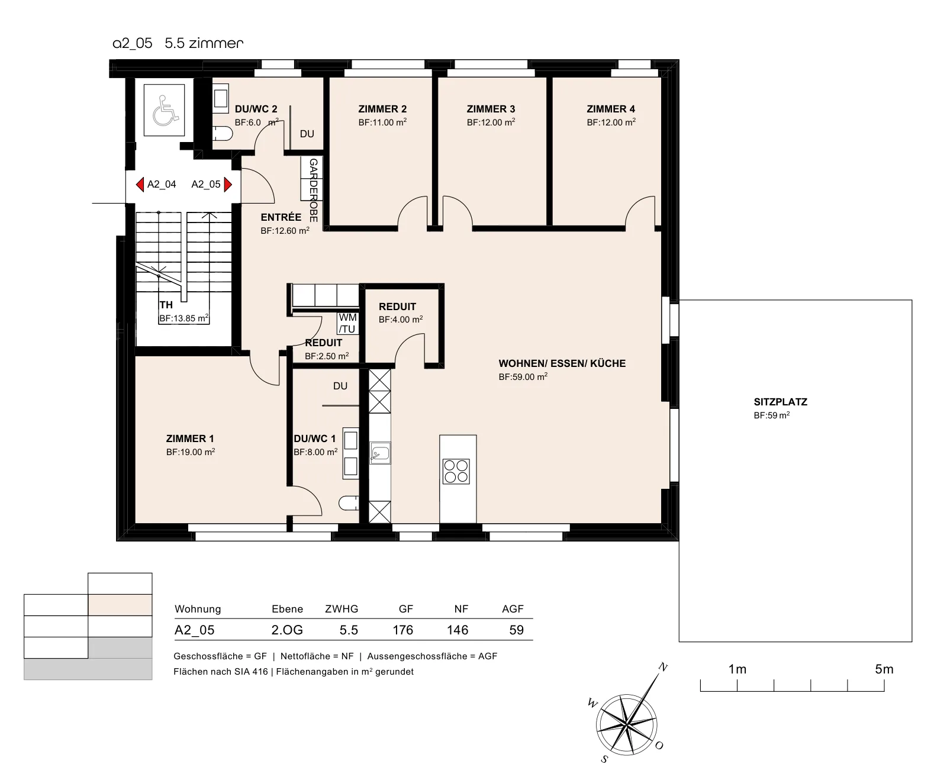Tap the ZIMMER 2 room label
(382, 109)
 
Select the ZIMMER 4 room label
(611, 109)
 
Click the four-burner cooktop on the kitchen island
(456, 471)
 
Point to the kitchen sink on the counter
(380, 454)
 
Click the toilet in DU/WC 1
(349, 503)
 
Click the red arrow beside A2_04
(140, 185)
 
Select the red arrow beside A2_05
(228, 185)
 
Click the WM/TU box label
(347, 324)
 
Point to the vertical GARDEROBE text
(314, 190)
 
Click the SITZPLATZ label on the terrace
(780, 402)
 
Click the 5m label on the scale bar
(884, 669)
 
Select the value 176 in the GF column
(403, 630)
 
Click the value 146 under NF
(458, 630)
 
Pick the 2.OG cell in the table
(287, 630)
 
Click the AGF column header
(513, 609)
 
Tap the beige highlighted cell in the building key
(120, 605)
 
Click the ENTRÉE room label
(281, 217)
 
